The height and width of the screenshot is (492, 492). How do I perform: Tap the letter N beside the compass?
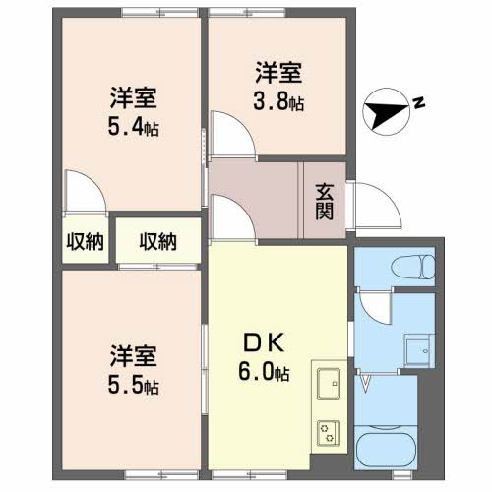418,101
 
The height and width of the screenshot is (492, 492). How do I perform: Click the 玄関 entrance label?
324,201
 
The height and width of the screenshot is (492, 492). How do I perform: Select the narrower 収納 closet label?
86,240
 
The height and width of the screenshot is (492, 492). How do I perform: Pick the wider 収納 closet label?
157,240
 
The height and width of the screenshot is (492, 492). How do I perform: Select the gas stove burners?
327,429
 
